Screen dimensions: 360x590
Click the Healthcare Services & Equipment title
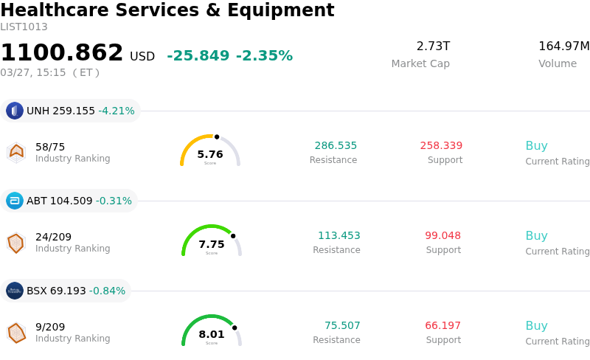pos(167,10)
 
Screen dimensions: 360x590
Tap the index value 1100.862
pos(62,53)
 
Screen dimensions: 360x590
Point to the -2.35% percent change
pos(264,56)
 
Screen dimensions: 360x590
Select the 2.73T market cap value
pos(433,46)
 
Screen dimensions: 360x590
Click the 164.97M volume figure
pos(563,46)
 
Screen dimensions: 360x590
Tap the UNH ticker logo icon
pos(15,111)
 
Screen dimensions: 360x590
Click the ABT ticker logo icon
pos(15,201)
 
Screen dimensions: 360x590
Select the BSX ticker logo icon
pos(15,291)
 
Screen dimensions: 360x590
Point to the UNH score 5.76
pos(210,155)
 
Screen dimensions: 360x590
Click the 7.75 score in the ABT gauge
pos(212,245)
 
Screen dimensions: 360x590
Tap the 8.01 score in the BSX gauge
pos(212,335)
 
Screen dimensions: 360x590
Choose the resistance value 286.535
pos(336,146)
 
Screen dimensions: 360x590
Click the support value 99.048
pos(442,236)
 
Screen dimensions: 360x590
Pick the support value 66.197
pos(442,326)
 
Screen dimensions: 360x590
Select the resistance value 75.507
pos(342,326)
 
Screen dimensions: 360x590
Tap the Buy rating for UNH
pos(536,146)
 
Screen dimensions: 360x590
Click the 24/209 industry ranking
pos(53,237)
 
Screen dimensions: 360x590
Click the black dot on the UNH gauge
pos(217,136)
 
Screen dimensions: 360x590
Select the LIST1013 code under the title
pos(24,27)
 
